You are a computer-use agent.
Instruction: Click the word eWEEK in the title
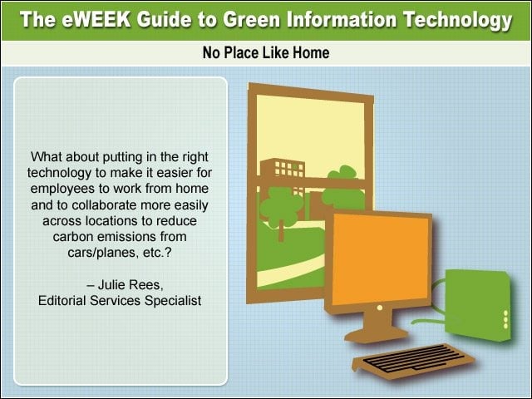click(96, 20)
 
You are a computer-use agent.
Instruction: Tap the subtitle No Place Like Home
click(266, 53)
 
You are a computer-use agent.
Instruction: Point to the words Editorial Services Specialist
click(120, 301)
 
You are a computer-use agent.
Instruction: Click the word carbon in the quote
click(72, 236)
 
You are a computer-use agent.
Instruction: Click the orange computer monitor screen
click(381, 260)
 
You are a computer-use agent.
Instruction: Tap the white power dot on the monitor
click(380, 308)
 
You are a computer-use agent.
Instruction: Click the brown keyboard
click(414, 360)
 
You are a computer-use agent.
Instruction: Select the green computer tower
click(479, 304)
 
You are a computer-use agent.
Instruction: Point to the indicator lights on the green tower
click(506, 319)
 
